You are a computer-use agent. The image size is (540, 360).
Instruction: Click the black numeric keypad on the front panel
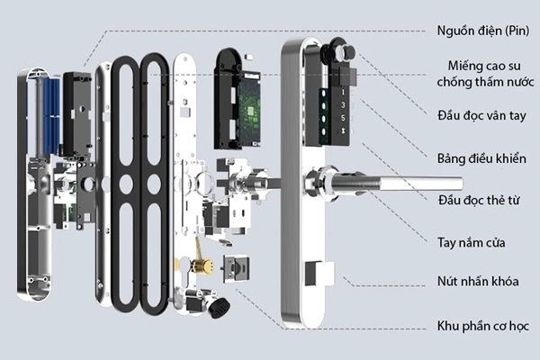point(345,115)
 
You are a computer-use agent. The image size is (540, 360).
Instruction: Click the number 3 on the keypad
point(343,106)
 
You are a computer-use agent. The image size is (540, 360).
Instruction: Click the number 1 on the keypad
point(343,94)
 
